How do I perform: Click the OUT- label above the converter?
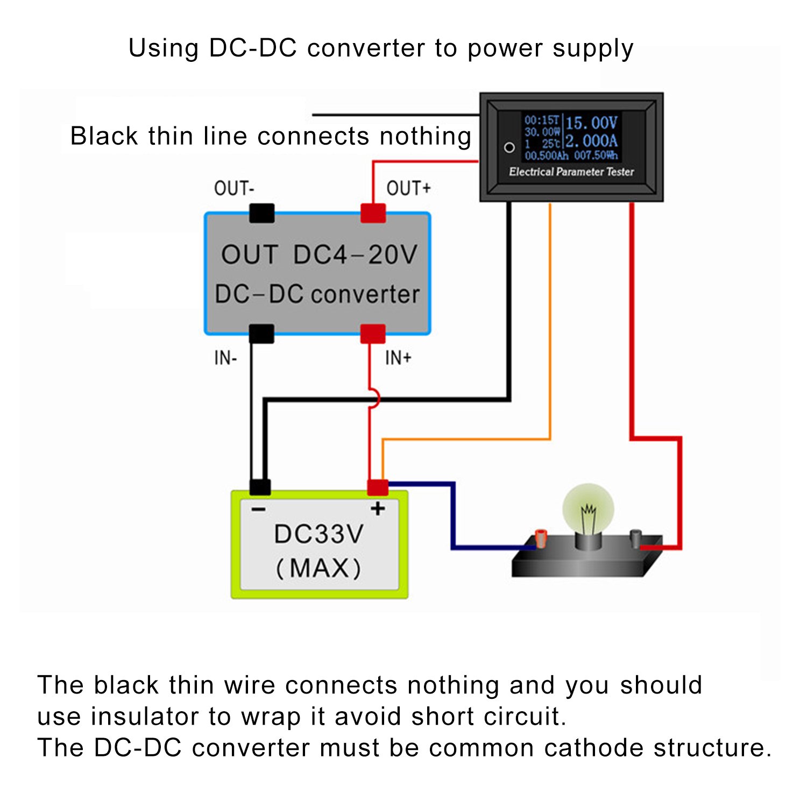(x=234, y=188)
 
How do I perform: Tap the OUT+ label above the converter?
(x=408, y=188)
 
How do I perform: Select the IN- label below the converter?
(x=225, y=358)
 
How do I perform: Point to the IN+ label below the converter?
(x=398, y=358)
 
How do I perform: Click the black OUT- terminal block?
(x=262, y=213)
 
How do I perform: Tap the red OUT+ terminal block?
(x=373, y=213)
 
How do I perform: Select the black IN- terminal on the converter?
(x=261, y=334)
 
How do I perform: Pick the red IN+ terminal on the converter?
(x=373, y=334)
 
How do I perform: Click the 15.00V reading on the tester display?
(x=591, y=123)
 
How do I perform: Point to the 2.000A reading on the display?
(x=591, y=141)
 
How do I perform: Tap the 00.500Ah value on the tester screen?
(x=546, y=156)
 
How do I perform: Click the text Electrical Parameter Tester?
(x=571, y=172)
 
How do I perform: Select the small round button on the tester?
(x=509, y=147)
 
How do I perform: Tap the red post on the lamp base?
(x=541, y=538)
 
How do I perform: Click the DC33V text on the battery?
(x=318, y=534)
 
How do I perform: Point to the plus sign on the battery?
(x=378, y=508)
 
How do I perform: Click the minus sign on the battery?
(x=258, y=509)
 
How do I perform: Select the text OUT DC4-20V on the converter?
(x=319, y=254)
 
